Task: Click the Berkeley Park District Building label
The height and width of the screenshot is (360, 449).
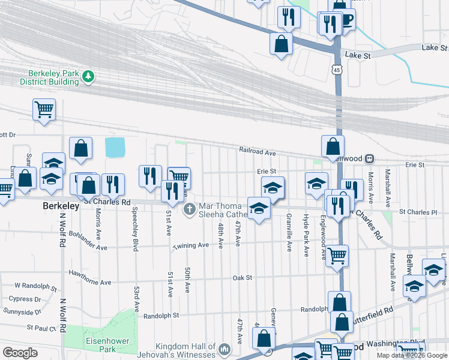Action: click(49, 77)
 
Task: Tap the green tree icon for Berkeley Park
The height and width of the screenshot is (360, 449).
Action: click(88, 76)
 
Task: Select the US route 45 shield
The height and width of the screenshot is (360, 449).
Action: click(337, 70)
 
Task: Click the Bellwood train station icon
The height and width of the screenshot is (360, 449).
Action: click(369, 158)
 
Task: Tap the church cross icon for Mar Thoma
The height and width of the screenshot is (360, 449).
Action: click(190, 209)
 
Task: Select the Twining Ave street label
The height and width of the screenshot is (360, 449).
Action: click(191, 245)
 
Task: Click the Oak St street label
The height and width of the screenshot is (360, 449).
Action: click(243, 277)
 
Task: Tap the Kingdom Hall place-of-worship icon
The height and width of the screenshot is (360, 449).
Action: click(224, 349)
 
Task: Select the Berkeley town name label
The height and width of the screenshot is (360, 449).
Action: click(61, 206)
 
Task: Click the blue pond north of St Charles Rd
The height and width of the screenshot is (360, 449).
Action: click(115, 146)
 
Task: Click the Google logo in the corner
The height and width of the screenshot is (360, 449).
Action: click(20, 353)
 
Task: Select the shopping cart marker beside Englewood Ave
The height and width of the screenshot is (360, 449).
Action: click(337, 254)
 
